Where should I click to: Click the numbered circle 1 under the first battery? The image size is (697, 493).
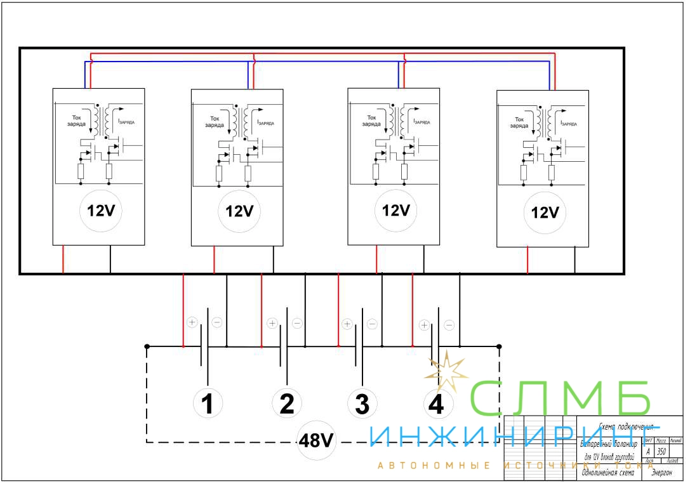[207, 404]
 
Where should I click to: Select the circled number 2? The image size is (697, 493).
[286, 404]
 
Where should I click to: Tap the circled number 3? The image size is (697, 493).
[362, 404]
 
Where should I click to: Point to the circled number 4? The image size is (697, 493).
[436, 404]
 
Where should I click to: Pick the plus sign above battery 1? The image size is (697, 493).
[192, 322]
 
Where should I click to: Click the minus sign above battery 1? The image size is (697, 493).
[216, 322]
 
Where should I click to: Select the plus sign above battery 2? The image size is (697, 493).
[272, 324]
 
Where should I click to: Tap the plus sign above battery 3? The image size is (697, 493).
[347, 324]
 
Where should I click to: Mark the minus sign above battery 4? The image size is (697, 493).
[449, 325]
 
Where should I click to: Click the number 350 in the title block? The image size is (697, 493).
[661, 451]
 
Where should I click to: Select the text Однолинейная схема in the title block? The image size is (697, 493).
[607, 473]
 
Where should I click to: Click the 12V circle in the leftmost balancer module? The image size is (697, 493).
[100, 211]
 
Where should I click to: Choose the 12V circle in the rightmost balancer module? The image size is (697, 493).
[544, 213]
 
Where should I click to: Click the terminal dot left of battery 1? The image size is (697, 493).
[147, 346]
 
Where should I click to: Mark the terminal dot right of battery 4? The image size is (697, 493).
[499, 346]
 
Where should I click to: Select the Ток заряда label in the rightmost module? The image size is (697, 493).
[519, 122]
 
